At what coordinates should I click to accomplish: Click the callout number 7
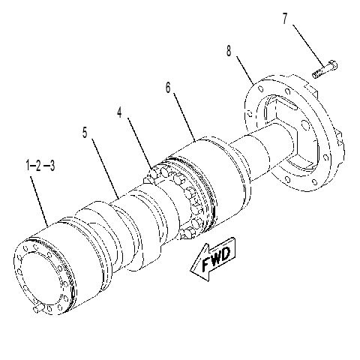pyautogui.click(x=285, y=19)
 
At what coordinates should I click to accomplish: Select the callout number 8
pyautogui.click(x=229, y=50)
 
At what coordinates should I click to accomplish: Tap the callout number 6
pyautogui.click(x=168, y=88)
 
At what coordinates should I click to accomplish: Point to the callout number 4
pyautogui.click(x=119, y=112)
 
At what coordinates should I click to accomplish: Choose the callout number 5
pyautogui.click(x=85, y=133)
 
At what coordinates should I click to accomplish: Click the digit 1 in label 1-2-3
pyautogui.click(x=28, y=166)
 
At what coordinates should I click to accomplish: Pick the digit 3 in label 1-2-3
pyautogui.click(x=52, y=166)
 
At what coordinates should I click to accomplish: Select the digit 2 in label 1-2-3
pyautogui.click(x=38, y=166)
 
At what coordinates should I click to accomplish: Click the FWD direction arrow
pyautogui.click(x=213, y=258)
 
